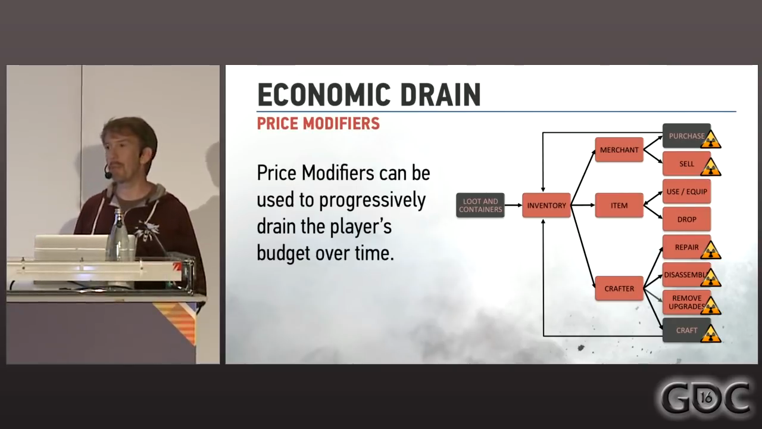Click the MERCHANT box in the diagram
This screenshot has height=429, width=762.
click(x=619, y=150)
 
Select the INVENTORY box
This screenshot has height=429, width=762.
click(x=546, y=206)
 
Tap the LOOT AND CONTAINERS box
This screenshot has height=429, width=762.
click(x=480, y=206)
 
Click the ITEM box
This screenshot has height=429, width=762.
click(x=619, y=206)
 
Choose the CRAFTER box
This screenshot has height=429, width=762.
click(x=619, y=288)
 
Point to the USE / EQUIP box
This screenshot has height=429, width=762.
click(x=686, y=192)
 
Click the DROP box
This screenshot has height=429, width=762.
click(x=686, y=219)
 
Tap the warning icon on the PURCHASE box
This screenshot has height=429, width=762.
click(x=711, y=140)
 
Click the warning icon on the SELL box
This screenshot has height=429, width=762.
click(x=711, y=167)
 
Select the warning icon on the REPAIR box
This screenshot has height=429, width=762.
click(x=711, y=251)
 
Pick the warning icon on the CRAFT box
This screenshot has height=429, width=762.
click(x=711, y=334)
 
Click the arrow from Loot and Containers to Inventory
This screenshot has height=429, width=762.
click(x=513, y=206)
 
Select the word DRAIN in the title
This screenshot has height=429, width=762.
click(x=437, y=95)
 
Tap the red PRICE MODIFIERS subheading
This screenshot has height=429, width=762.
click(x=318, y=124)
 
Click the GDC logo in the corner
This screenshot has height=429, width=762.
click(x=705, y=397)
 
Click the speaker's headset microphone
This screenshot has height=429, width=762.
click(x=108, y=175)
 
